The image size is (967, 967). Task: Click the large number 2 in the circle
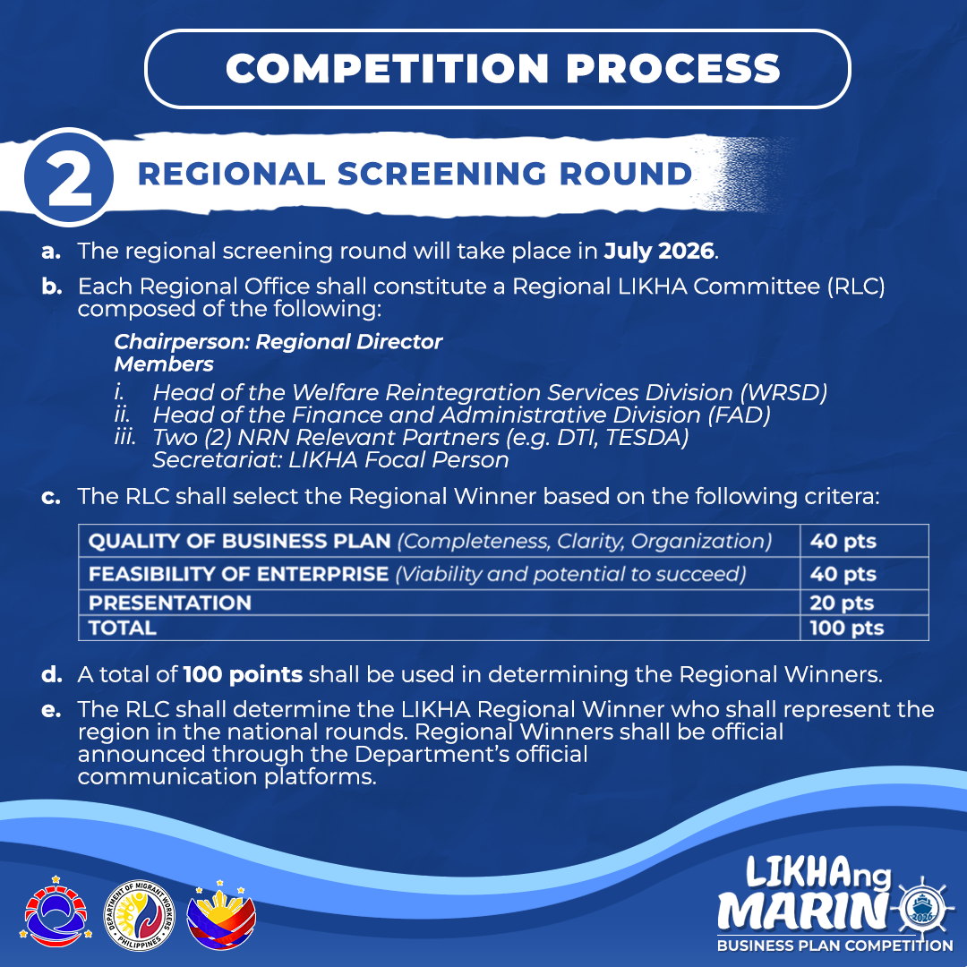click(70, 177)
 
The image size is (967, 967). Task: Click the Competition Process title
click(502, 68)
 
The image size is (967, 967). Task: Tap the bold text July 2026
click(659, 251)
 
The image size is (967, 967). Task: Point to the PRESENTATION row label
click(170, 603)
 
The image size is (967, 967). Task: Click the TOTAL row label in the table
click(122, 628)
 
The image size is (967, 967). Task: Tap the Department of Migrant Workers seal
click(139, 914)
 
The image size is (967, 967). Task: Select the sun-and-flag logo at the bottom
click(221, 914)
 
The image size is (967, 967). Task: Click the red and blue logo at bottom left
click(56, 912)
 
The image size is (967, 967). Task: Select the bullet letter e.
click(50, 710)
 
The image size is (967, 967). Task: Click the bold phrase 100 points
click(243, 674)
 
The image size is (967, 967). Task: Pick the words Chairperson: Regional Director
click(278, 342)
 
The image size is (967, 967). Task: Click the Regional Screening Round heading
click(415, 174)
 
